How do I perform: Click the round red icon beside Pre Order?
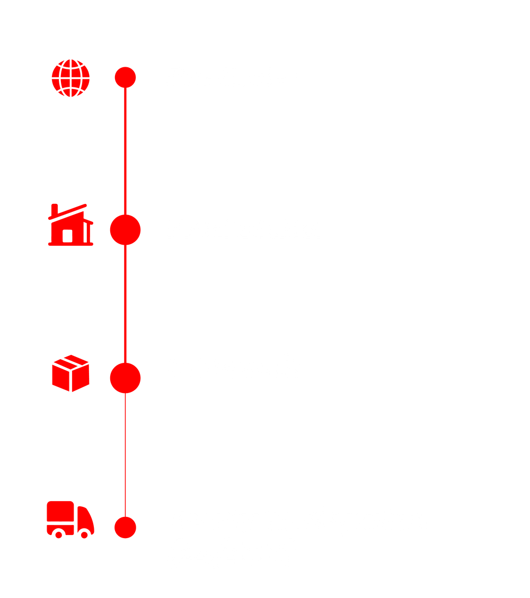[x=70, y=78]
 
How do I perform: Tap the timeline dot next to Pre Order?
[x=125, y=77]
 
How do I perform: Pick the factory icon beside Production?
[x=70, y=226]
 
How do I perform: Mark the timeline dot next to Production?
[x=125, y=229]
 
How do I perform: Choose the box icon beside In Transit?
[x=70, y=373]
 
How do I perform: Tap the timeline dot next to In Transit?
[x=125, y=378]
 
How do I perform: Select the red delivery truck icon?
[x=70, y=519]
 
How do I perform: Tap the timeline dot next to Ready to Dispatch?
[x=125, y=527]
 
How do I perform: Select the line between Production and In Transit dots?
[x=125, y=304]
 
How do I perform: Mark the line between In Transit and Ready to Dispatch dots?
[x=125, y=453]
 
